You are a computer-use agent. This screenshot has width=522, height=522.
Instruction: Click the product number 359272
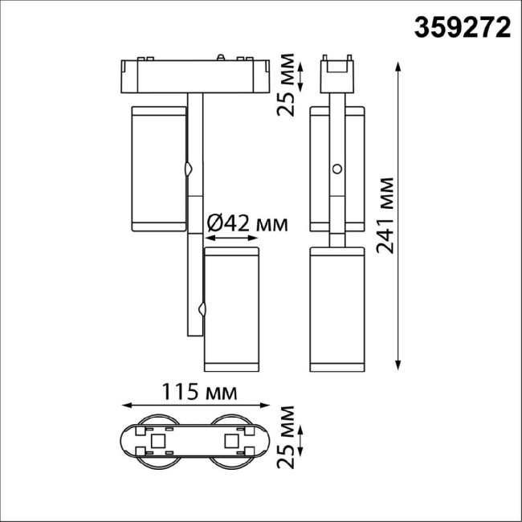[x=463, y=28]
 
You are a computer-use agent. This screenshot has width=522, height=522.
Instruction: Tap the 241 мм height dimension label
[x=388, y=214]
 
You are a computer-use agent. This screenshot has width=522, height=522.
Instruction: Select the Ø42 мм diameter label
[x=247, y=222]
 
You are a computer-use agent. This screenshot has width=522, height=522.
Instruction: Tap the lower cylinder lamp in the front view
[x=232, y=309]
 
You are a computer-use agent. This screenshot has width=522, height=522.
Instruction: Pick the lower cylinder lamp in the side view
[x=338, y=309]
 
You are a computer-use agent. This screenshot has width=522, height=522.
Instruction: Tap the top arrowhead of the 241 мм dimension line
[x=399, y=65]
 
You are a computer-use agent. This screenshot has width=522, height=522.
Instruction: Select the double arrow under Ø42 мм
[x=232, y=239]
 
